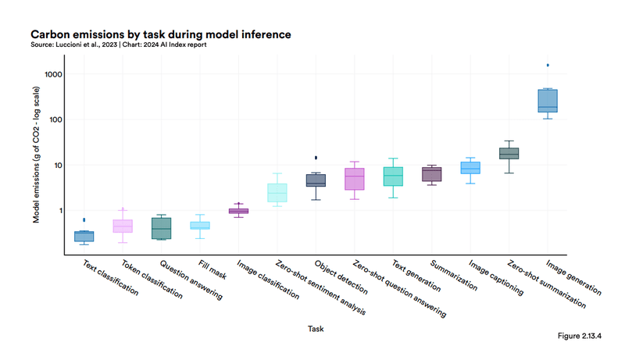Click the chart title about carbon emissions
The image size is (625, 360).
click(160, 34)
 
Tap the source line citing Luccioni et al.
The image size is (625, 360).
click(118, 45)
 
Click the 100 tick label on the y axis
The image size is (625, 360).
click(55, 120)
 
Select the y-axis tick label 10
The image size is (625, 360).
click(57, 166)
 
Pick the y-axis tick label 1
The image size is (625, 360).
click(59, 211)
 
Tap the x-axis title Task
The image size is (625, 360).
click(316, 329)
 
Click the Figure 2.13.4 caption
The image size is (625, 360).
click(579, 336)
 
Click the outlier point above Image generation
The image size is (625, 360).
click(548, 66)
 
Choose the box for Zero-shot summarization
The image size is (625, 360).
click(509, 153)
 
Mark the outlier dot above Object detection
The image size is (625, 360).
click(316, 158)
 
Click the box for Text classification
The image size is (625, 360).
click(84, 236)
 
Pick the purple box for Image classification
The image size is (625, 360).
click(238, 211)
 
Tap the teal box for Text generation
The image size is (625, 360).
click(393, 176)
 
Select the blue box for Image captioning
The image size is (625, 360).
click(470, 168)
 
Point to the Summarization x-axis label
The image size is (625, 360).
click(454, 276)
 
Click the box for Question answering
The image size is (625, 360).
click(162, 228)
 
